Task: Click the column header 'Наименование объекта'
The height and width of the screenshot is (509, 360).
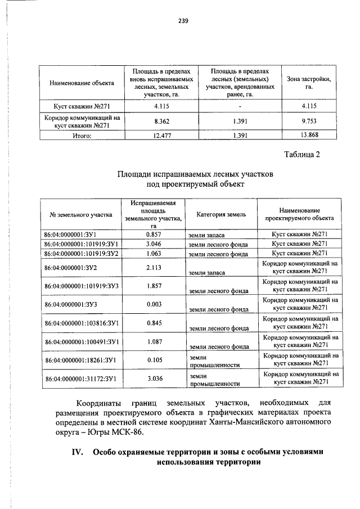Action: pyautogui.click(x=82, y=83)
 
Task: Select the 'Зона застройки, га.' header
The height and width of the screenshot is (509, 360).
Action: pyautogui.click(x=309, y=83)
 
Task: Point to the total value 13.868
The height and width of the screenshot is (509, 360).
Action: pyautogui.click(x=309, y=136)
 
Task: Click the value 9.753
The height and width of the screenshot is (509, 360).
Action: pyautogui.click(x=309, y=121)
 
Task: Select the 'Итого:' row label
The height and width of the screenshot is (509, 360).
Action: pyautogui.click(x=82, y=136)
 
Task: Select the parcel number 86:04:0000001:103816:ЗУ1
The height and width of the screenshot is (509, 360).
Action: pyautogui.click(x=80, y=323)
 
